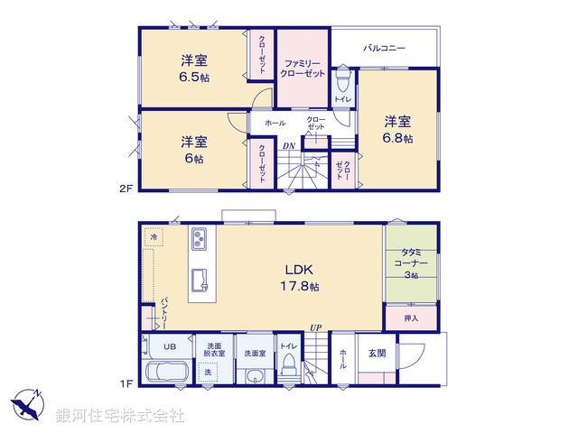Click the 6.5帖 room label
tap(193, 69)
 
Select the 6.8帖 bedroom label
tap(397, 129)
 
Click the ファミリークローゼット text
tap(303, 68)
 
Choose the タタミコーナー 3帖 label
tap(410, 263)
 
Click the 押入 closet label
tap(410, 318)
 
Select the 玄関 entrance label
tap(377, 355)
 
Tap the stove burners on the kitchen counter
tap(200, 239)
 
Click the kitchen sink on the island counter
tap(200, 287)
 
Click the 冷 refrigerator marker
tap(154, 237)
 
